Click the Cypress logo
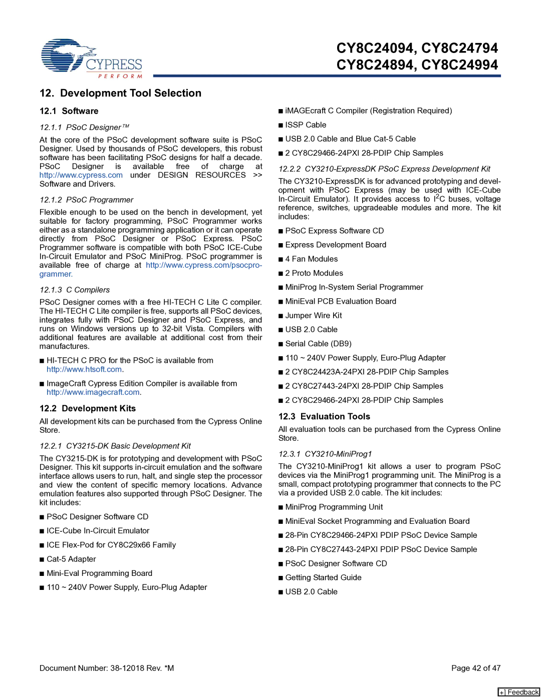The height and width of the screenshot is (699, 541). point(91,59)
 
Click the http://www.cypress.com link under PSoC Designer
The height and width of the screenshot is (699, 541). point(81,175)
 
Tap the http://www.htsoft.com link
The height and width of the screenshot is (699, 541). point(84,369)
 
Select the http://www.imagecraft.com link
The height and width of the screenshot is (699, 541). point(93,392)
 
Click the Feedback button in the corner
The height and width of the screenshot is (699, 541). point(518,692)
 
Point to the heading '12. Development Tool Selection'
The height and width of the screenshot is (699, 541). point(120,93)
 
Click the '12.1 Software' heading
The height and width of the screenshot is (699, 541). point(69,111)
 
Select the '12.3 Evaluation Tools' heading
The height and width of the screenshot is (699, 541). point(324,416)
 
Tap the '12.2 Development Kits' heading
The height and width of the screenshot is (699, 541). point(88,408)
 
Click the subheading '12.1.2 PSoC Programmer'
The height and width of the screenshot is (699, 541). point(86,200)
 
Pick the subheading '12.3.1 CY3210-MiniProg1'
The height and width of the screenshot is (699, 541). point(325,454)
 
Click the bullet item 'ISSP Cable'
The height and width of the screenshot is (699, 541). point(306,125)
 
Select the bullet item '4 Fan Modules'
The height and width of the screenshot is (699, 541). point(311,259)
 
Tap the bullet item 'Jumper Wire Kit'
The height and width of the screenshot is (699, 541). point(314,316)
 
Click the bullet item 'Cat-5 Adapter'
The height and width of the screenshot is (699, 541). point(71,559)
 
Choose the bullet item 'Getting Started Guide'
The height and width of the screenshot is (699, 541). point(323,577)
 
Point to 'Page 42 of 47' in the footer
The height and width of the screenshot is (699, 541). point(476,668)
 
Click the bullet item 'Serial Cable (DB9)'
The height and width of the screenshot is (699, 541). point(318,344)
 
